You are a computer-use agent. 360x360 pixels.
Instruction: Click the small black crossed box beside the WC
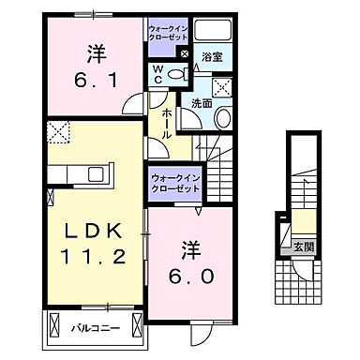point(185,56)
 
